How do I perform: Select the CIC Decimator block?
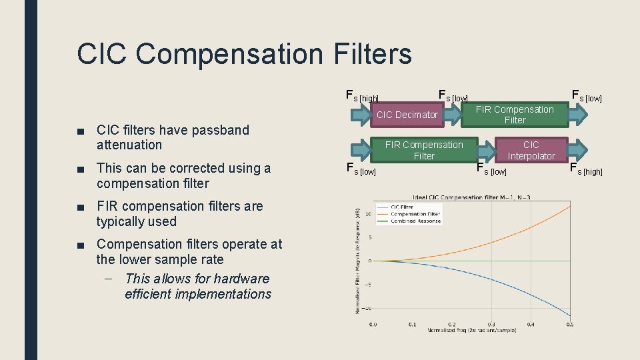tap(407, 115)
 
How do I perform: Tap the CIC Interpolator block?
tap(531, 150)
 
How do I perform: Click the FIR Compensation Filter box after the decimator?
tap(515, 115)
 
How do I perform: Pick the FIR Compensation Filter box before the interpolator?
tap(424, 150)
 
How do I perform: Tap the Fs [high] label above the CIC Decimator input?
tap(363, 97)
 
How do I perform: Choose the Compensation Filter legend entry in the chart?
tap(417, 213)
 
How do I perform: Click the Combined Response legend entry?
tap(416, 221)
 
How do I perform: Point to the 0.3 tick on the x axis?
tap(491, 325)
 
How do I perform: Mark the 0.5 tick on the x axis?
tap(570, 325)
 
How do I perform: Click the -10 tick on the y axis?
tap(366, 308)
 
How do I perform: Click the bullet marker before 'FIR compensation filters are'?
tap(81, 207)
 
